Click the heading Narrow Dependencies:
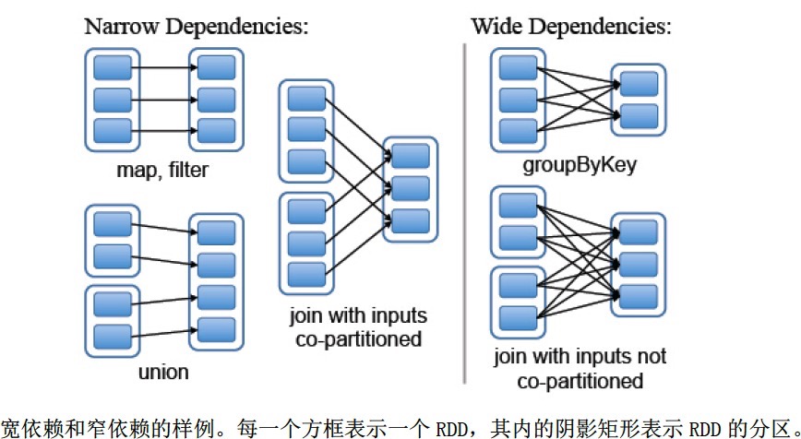(196, 26)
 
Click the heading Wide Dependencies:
(569, 26)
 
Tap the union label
(163, 373)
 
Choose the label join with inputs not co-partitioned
(580, 368)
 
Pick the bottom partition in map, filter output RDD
(216, 128)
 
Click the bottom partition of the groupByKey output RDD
(640, 115)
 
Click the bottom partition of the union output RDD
(216, 328)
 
